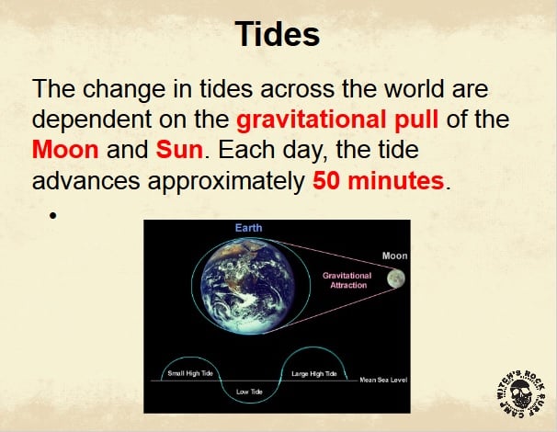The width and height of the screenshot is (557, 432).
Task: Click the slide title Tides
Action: pos(278,34)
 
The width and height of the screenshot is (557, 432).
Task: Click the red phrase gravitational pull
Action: pos(337,119)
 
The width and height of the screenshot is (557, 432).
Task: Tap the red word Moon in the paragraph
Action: pos(65,150)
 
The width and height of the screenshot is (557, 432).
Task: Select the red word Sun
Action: pos(179,150)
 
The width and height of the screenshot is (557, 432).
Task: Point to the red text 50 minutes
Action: pos(379,180)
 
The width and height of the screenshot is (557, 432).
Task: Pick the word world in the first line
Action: pos(415,88)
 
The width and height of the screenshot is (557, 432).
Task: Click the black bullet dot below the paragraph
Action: pos(53,215)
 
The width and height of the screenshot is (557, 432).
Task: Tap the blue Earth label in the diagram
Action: pos(249,228)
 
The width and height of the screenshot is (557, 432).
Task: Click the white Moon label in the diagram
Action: pos(394,256)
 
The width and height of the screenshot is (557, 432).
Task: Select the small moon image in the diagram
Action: pos(396,278)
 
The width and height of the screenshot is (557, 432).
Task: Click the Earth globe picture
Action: pos(248,287)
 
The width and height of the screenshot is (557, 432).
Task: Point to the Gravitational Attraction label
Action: pos(347,280)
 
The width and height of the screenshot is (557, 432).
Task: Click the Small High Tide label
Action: pos(190,373)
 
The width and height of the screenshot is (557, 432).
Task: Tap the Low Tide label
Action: pos(249,392)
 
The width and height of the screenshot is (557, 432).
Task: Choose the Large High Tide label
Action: pos(314,374)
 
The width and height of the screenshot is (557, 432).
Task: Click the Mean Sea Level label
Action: pos(383,380)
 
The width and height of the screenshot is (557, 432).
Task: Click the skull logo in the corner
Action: pos(520,392)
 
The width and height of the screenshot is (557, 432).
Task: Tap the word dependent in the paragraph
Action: pos(92,119)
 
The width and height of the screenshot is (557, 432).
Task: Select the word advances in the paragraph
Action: pos(86,180)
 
